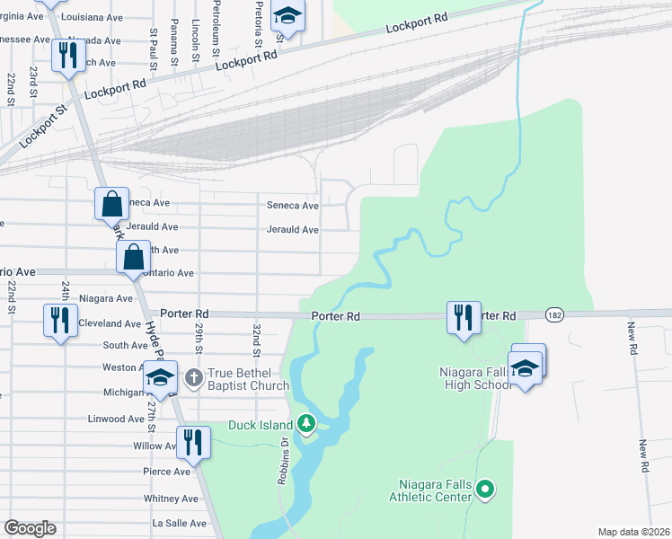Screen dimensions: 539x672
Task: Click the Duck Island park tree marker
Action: (x=306, y=422)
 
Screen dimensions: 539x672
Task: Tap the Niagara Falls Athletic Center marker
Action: (x=486, y=490)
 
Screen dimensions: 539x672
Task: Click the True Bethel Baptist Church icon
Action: (x=192, y=378)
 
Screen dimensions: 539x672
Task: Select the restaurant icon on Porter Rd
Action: (x=464, y=317)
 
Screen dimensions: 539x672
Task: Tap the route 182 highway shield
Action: (x=555, y=315)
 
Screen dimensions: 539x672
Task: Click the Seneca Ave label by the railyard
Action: (x=292, y=205)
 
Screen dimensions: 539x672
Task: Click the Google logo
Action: (x=31, y=528)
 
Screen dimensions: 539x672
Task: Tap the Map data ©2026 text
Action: (x=632, y=532)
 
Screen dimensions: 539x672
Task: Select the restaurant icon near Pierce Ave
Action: (x=192, y=442)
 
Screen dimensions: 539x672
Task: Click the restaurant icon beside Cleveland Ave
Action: (x=58, y=320)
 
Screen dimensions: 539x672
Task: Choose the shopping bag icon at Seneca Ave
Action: (x=112, y=203)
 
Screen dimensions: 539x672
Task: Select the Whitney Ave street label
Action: (x=170, y=499)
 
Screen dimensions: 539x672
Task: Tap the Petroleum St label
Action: (x=217, y=24)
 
